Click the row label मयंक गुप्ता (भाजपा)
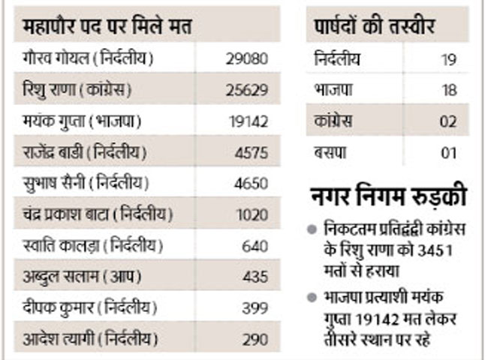(x=83, y=121)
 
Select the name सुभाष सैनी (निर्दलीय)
(x=87, y=183)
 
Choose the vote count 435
(x=255, y=277)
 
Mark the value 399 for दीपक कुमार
(x=255, y=307)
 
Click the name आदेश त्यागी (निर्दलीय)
(x=91, y=339)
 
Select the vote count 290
(x=255, y=339)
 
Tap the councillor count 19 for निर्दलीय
(x=449, y=58)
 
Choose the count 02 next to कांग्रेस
(x=449, y=121)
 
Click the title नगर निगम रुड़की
(x=388, y=199)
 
